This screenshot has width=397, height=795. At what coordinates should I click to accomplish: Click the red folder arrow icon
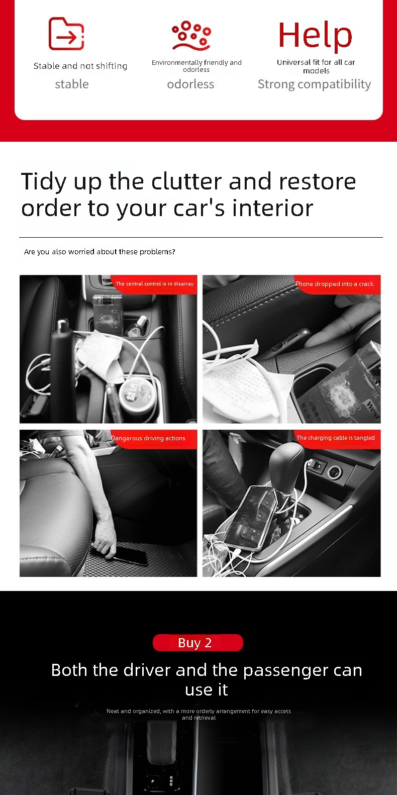(x=66, y=34)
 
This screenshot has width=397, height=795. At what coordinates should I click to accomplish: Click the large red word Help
(x=315, y=35)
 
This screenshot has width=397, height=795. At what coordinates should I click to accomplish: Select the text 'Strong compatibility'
(x=314, y=84)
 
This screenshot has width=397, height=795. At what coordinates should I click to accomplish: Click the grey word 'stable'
(x=72, y=84)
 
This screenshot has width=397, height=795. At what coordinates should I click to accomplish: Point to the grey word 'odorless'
(x=190, y=84)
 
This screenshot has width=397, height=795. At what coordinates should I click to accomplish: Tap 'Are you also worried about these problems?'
(x=100, y=252)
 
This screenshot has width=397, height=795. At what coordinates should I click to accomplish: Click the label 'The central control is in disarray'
(x=155, y=283)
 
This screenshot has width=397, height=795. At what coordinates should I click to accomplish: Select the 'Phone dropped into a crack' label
(x=334, y=284)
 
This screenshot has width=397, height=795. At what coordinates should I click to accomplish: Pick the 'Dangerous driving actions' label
(x=148, y=438)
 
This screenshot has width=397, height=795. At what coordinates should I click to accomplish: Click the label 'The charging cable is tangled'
(x=336, y=438)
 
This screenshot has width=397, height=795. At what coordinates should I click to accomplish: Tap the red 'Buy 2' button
(x=197, y=642)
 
